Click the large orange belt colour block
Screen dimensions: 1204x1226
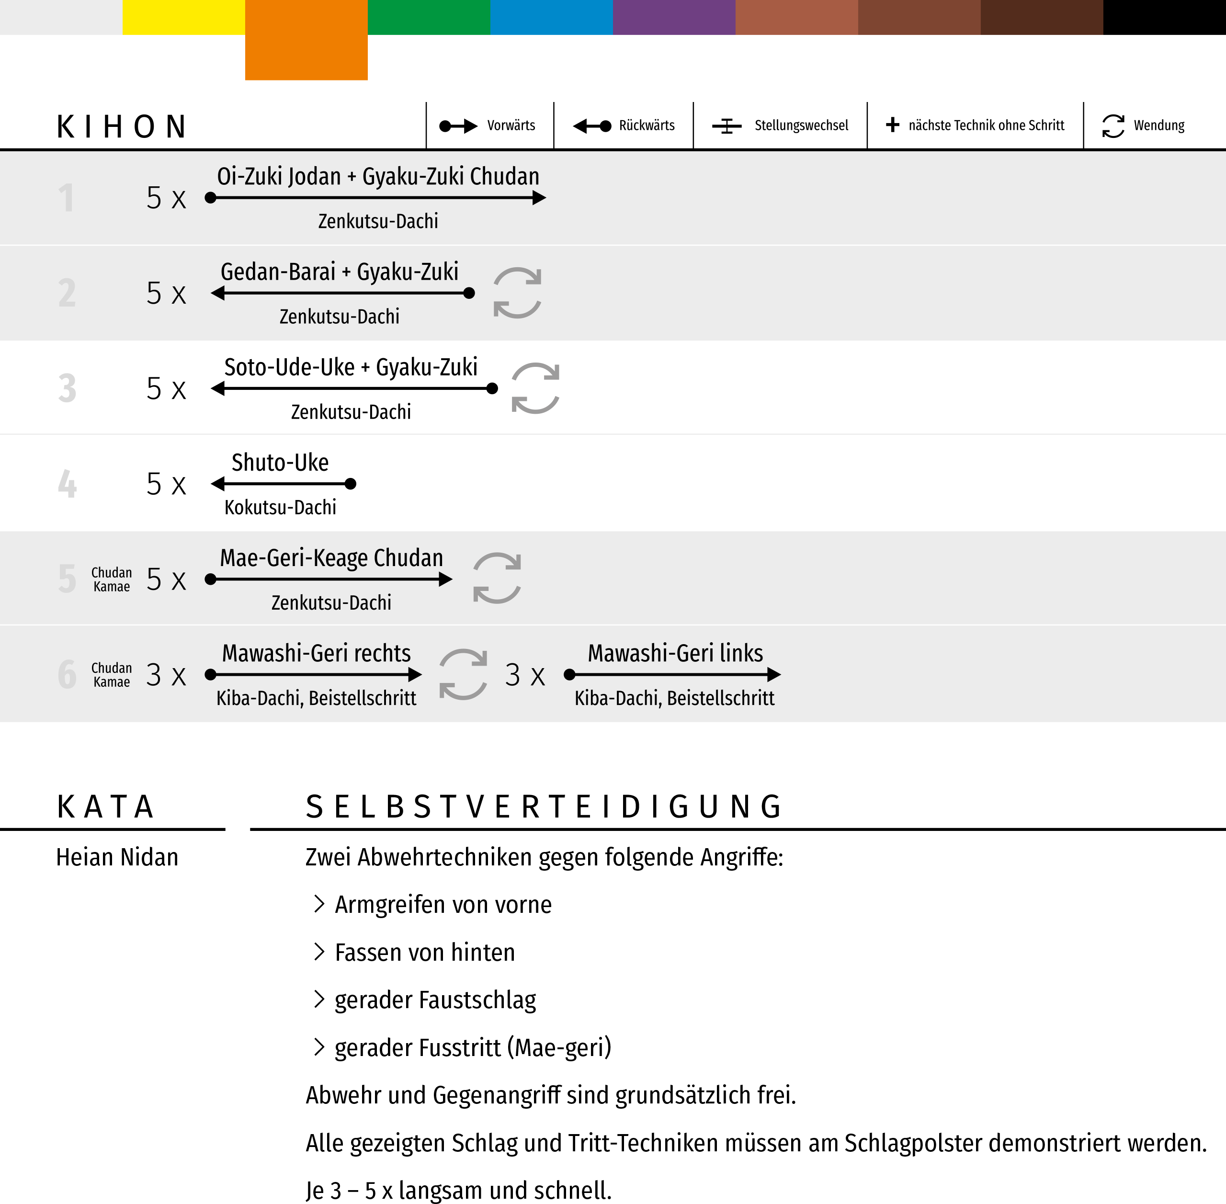coord(306,40)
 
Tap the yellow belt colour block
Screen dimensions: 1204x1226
coord(183,17)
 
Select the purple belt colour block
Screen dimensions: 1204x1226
coord(673,17)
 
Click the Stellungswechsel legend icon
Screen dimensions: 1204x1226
coord(727,126)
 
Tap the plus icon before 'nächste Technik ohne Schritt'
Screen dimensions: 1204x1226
coord(892,125)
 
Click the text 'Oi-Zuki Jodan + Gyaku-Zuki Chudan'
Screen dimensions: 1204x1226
coord(378,176)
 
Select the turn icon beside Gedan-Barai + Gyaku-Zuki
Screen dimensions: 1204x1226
coord(517,293)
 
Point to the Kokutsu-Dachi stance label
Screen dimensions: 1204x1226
coord(280,507)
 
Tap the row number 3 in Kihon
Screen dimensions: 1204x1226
coord(67,388)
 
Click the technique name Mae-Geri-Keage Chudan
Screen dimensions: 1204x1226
coord(331,558)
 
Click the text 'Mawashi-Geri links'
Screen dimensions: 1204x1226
coord(675,653)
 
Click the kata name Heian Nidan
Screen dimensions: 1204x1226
coord(117,857)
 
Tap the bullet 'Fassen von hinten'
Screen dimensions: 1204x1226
coord(424,952)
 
